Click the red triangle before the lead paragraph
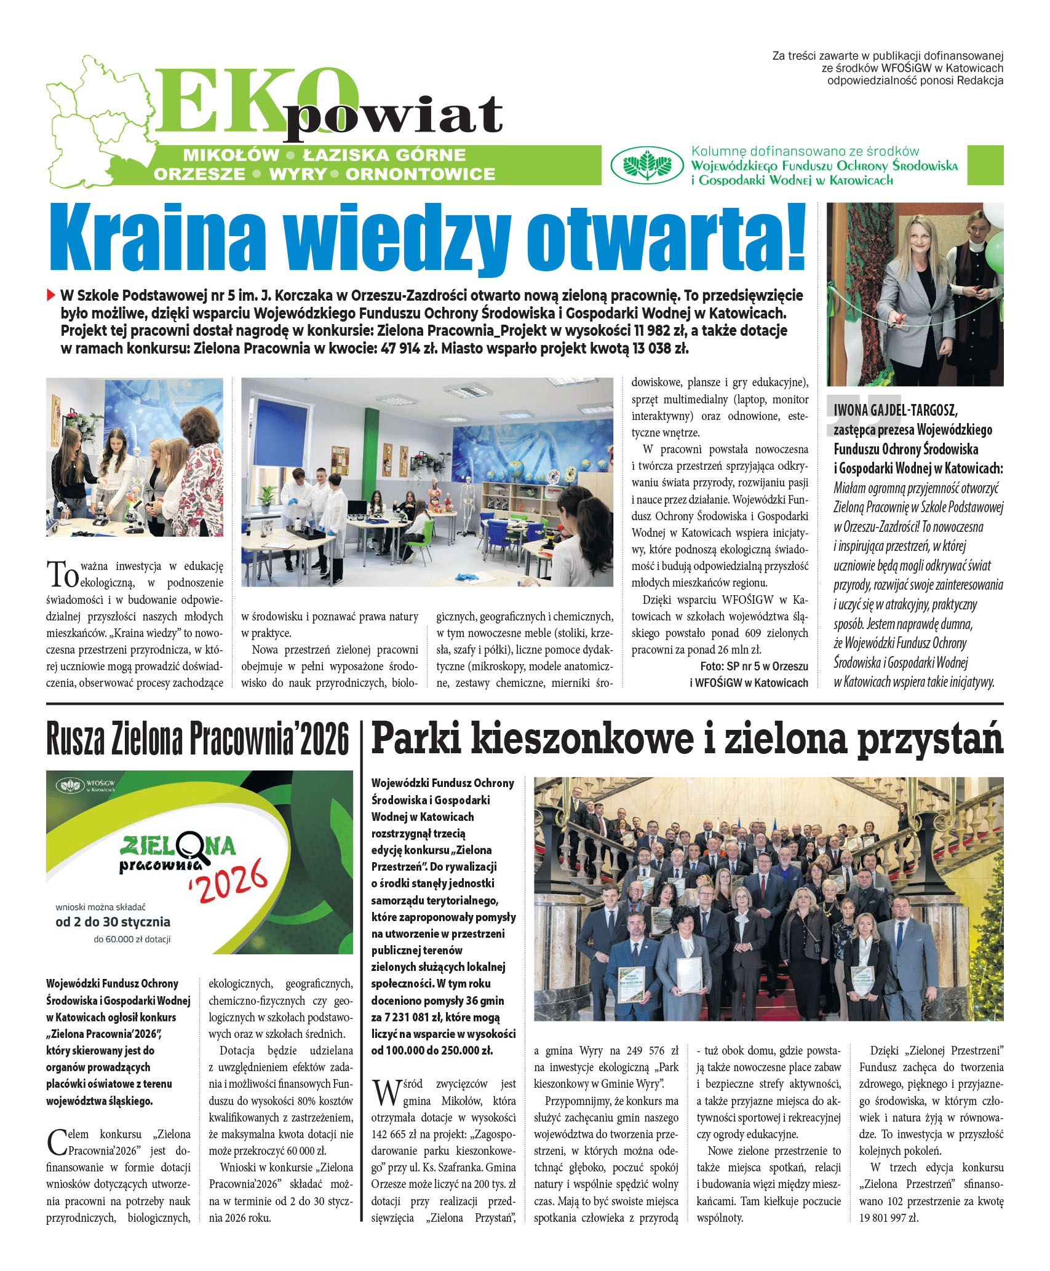(x=51, y=295)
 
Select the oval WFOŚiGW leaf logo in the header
(x=646, y=165)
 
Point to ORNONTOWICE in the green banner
(x=420, y=175)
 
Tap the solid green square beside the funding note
(x=985, y=165)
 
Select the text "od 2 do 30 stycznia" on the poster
(x=113, y=922)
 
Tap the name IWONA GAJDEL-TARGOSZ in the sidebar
(x=895, y=410)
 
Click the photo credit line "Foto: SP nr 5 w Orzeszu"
(x=754, y=666)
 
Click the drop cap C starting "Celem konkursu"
(x=57, y=1142)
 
